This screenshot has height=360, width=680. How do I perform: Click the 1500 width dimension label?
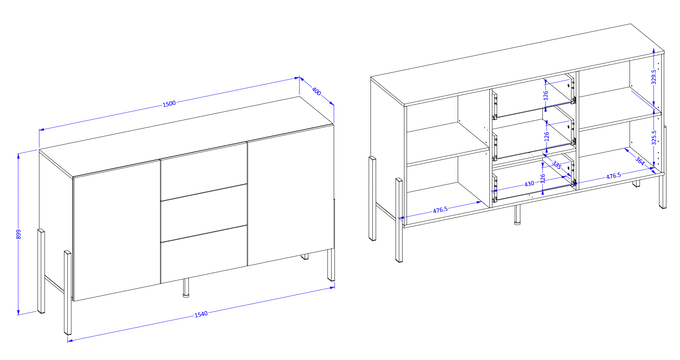click(x=169, y=104)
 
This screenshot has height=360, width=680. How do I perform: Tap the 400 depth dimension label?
click(x=316, y=91)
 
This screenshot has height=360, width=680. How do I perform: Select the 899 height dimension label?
click(x=19, y=234)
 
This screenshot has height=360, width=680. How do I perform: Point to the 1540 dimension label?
click(x=201, y=314)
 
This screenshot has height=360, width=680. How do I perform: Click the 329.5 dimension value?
click(x=654, y=77)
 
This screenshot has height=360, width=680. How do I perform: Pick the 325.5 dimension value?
click(x=654, y=138)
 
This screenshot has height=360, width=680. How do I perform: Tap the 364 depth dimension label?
click(x=640, y=161)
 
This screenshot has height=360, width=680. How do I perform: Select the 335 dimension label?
click(x=557, y=165)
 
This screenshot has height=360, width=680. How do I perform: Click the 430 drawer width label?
click(x=529, y=184)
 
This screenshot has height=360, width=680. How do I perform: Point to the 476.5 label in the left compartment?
click(x=440, y=210)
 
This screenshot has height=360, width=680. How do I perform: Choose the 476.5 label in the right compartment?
click(x=613, y=176)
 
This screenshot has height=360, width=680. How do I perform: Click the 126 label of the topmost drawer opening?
click(x=546, y=95)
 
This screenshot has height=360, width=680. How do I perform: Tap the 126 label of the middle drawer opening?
click(x=546, y=137)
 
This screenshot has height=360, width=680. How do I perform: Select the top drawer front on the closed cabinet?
click(x=203, y=171)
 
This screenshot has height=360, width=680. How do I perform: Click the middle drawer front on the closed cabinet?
click(x=203, y=213)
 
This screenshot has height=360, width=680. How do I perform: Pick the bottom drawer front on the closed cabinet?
click(x=203, y=254)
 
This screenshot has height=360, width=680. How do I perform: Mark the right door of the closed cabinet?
click(x=291, y=195)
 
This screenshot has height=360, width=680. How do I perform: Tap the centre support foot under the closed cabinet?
click(x=186, y=287)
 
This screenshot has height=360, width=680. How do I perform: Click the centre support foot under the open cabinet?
click(x=517, y=215)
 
